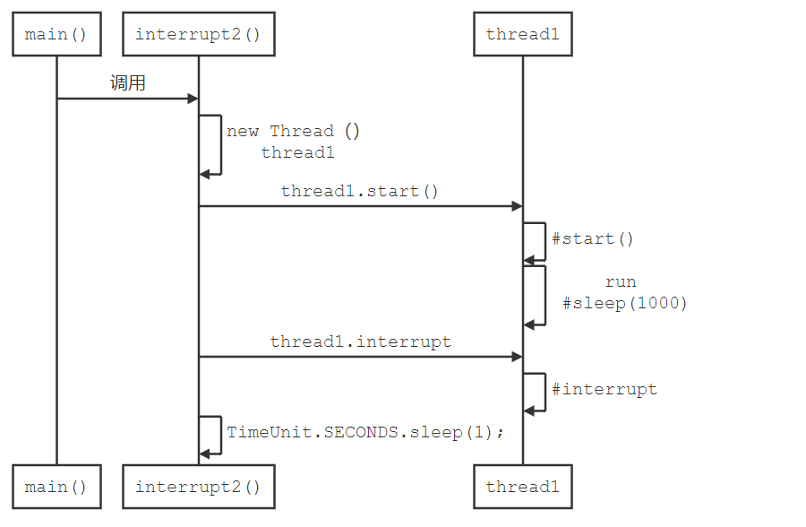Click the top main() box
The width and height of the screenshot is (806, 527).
(56, 35)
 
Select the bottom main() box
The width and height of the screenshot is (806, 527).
(56, 487)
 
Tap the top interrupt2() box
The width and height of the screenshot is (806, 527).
(198, 35)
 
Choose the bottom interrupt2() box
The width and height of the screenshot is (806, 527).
(198, 487)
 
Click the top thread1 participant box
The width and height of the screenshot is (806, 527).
(523, 35)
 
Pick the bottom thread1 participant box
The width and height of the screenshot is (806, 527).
(523, 487)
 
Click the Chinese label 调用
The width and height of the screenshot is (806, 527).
(127, 83)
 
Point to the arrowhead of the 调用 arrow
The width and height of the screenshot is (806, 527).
(193, 99)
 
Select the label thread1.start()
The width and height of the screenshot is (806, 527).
(360, 191)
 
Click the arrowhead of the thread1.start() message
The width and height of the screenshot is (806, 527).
(517, 206)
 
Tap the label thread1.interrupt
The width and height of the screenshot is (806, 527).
(360, 341)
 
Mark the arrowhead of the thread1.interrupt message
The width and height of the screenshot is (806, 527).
(517, 357)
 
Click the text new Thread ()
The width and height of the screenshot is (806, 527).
(293, 131)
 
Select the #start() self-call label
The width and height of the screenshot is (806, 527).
(592, 238)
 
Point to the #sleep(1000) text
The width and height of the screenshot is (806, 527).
(625, 303)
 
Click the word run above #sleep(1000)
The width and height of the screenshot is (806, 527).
(621, 281)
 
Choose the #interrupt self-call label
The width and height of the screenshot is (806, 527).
(604, 389)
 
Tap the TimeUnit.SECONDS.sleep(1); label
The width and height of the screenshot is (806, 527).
(365, 432)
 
